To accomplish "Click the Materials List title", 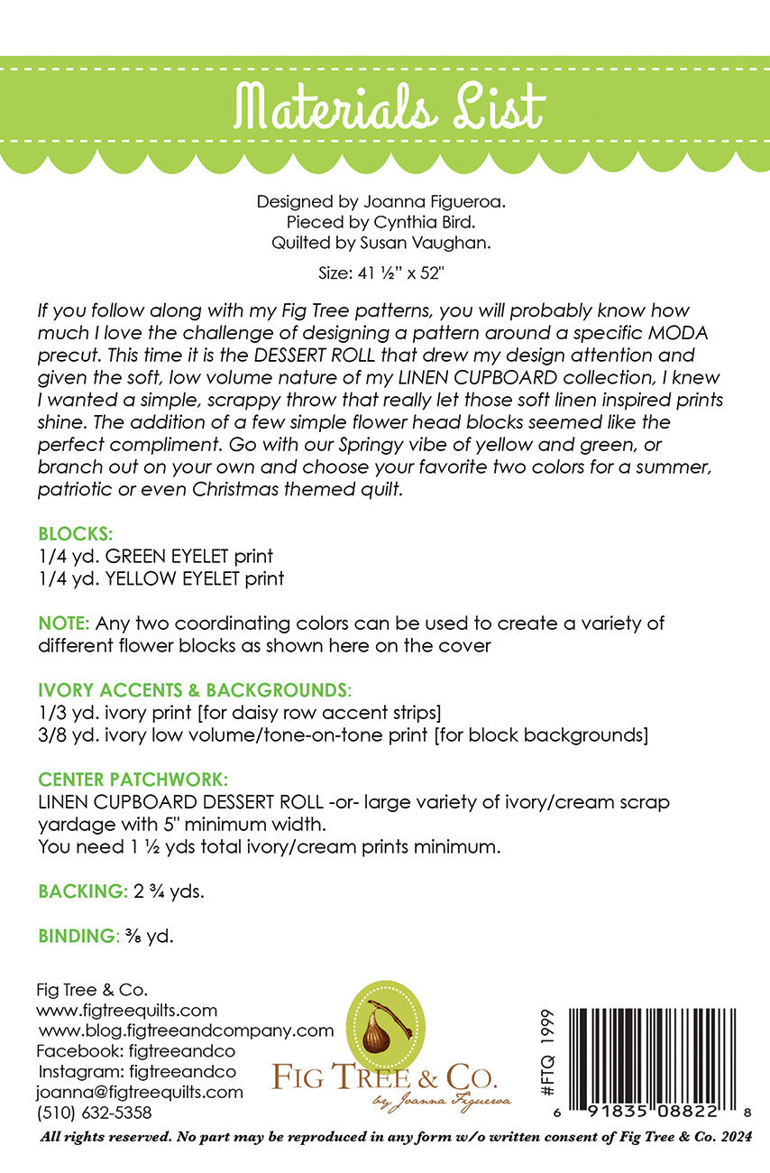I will pos(389,108).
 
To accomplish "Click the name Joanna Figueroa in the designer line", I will pos(443,201).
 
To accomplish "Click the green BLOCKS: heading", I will pos(75,534).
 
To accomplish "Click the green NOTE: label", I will pos(64,623).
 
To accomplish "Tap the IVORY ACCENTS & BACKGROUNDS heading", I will pos(192,690).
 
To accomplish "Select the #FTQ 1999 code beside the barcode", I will pos(548,1054).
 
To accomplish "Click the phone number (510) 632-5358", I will pos(94,1113).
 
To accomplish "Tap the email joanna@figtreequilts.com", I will pos(140,1092).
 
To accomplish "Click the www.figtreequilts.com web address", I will pos(127,1010).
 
